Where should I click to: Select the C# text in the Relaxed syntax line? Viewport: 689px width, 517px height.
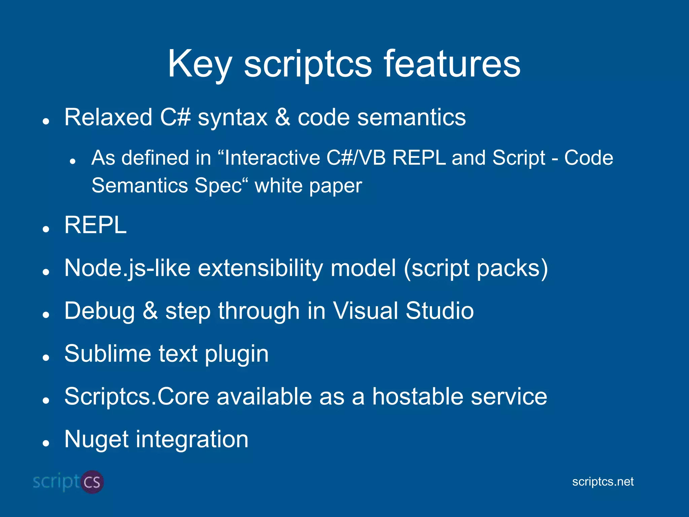tap(175, 117)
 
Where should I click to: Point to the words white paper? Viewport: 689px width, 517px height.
tap(308, 186)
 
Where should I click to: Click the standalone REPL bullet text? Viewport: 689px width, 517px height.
tap(96, 225)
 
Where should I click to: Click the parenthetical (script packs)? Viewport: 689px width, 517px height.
tap(476, 268)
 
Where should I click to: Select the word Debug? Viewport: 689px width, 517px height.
tap(100, 311)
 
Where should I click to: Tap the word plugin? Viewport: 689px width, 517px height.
tap(237, 354)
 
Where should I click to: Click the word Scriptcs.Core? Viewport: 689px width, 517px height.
tap(137, 397)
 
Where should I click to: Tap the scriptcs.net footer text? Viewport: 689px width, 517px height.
tap(603, 482)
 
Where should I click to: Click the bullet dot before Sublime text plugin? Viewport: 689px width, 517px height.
tap(46, 358)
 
